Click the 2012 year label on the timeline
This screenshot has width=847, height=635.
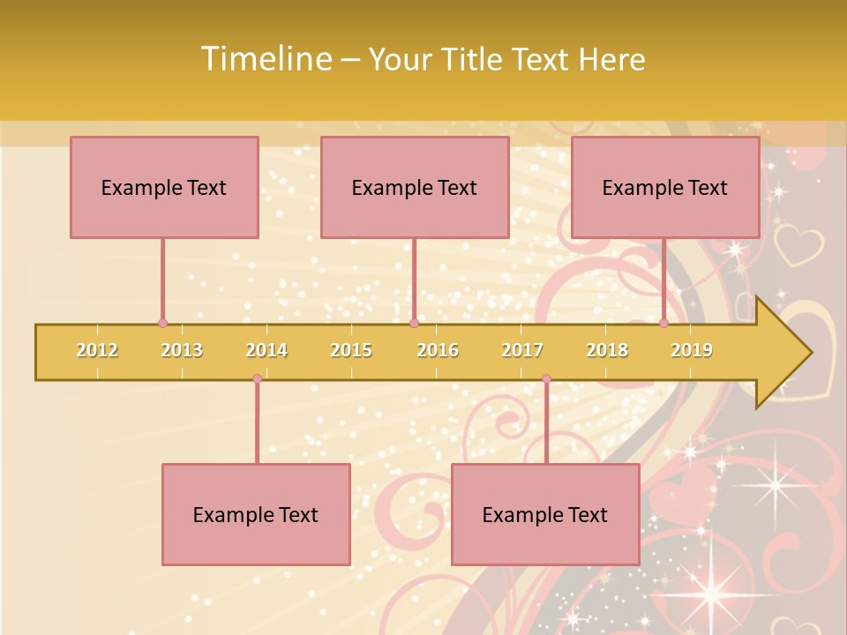97,350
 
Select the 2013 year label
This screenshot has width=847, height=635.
182,350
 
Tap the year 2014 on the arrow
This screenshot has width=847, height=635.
266,350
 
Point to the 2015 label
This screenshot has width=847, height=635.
351,350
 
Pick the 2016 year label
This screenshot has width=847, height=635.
438,350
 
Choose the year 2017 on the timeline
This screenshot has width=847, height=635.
522,350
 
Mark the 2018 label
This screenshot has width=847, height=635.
607,350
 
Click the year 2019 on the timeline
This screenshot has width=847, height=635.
692,350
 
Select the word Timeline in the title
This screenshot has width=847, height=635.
265,59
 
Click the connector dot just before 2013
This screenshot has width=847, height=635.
162,323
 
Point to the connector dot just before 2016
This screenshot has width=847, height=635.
414,323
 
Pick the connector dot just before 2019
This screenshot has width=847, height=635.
664,323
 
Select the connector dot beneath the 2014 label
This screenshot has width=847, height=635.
257,379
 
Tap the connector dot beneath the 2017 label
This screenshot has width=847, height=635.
546,379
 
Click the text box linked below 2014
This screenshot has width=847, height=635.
256,514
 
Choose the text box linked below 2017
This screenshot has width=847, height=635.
545,514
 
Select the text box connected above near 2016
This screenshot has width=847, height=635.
415,187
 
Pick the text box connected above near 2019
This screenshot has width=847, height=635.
665,187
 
